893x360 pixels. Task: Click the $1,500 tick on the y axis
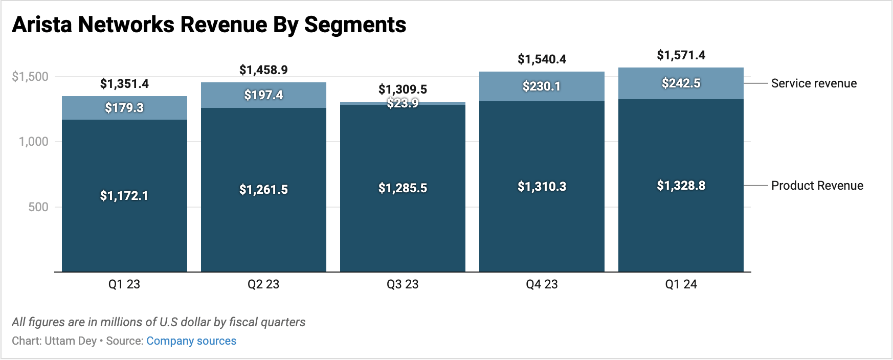[x=30, y=77]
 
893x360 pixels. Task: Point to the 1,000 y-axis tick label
[x=34, y=142]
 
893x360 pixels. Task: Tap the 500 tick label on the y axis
[x=38, y=207]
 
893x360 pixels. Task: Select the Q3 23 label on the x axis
[x=403, y=284]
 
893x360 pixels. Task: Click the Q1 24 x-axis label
[x=681, y=284]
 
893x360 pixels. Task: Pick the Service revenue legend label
[x=814, y=83]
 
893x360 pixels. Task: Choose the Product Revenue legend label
[x=817, y=186]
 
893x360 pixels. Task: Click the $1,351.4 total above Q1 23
[x=124, y=84]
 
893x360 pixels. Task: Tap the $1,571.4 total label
[x=681, y=55]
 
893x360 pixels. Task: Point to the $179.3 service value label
[x=124, y=108]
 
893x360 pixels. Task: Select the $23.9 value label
[x=403, y=103]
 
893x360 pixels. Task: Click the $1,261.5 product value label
[x=263, y=190]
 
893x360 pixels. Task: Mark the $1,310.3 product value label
[x=542, y=187]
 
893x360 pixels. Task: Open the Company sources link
[x=191, y=341]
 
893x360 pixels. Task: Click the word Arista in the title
[x=42, y=25]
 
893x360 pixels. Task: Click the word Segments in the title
[x=355, y=25]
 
